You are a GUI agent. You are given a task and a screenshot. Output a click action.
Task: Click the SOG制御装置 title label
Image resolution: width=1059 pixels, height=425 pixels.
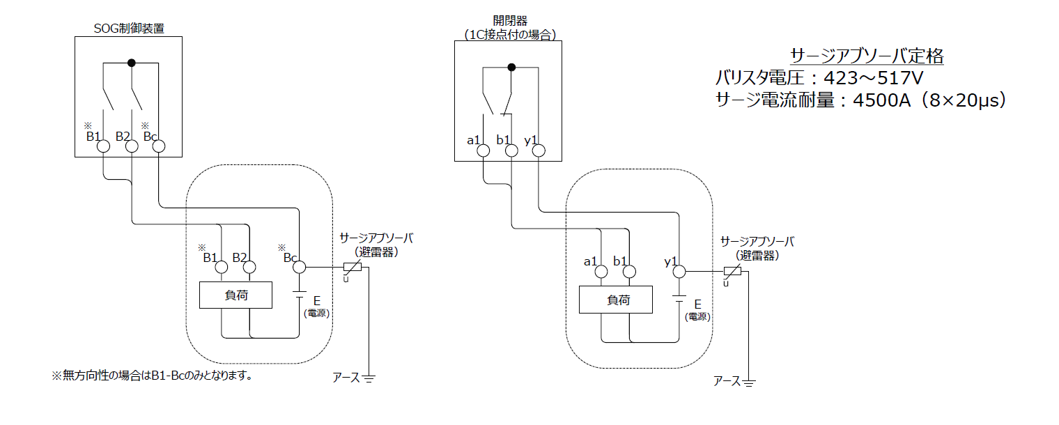coord(129,29)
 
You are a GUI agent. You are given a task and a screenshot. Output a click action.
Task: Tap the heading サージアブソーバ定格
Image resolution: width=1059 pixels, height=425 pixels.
coord(867,56)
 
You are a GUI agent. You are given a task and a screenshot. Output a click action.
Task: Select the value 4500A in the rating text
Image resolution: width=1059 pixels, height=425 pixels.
coord(879,101)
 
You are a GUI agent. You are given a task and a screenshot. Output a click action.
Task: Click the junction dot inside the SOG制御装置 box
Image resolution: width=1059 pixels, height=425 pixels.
coord(131,63)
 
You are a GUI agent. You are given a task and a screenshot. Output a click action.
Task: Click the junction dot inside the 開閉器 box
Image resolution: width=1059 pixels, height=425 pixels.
coord(511,68)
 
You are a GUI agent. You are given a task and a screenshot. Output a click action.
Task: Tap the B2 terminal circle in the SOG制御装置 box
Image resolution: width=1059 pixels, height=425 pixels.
coord(132,146)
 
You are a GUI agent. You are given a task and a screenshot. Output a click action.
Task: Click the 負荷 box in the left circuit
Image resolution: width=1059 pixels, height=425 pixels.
coord(235,295)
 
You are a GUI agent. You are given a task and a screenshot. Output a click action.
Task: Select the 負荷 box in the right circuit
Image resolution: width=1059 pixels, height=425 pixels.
coord(616,300)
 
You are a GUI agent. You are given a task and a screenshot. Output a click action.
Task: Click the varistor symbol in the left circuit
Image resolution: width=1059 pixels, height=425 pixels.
coord(353,268)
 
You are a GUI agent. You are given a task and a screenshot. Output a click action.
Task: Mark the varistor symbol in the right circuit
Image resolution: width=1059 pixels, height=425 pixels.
coord(732,272)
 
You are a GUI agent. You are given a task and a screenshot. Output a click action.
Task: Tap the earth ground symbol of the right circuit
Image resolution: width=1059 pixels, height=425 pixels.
coord(750,382)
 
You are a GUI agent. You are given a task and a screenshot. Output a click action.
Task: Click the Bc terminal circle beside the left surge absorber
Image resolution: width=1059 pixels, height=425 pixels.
coord(299,267)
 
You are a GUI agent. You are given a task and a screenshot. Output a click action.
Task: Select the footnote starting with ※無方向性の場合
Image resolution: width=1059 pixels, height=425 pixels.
coord(151,376)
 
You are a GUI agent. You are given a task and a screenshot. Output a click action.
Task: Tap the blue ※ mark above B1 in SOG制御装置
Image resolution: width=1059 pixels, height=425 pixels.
coord(88,126)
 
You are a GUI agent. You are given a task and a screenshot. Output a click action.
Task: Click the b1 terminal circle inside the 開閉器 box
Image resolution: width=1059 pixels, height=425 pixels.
coord(511,150)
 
